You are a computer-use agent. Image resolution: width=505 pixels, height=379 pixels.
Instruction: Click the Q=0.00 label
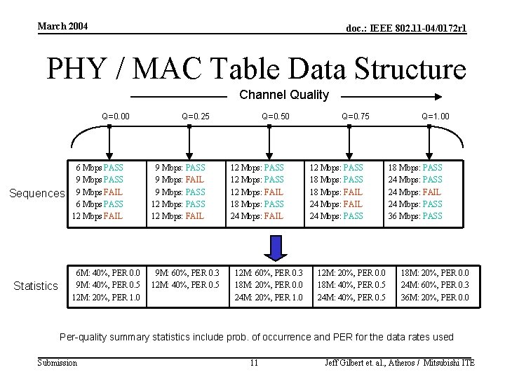click(x=115, y=117)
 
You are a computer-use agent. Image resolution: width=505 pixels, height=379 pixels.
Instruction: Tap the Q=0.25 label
click(x=195, y=117)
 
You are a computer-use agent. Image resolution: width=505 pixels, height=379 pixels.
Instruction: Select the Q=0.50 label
click(x=275, y=117)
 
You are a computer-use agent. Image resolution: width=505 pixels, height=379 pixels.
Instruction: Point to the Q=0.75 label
click(x=355, y=117)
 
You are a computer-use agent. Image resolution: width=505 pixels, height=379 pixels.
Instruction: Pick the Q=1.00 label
click(x=436, y=117)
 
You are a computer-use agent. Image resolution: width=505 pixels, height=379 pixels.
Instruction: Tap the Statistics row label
click(x=36, y=286)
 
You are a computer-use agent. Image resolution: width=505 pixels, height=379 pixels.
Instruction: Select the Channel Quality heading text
click(x=284, y=95)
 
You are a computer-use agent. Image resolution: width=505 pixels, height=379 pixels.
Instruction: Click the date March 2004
click(x=63, y=27)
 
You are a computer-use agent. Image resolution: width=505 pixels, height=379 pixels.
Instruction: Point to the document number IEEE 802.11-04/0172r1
click(x=406, y=28)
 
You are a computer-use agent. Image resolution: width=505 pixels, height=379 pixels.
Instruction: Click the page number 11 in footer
click(x=255, y=363)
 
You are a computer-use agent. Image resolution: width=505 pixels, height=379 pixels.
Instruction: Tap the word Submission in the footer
click(x=58, y=362)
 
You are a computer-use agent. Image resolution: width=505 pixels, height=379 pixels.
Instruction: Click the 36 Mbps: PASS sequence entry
click(x=415, y=216)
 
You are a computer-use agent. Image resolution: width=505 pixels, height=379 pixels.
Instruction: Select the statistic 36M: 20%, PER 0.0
click(x=435, y=297)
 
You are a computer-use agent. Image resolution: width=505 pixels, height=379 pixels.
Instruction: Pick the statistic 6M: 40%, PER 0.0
click(x=107, y=273)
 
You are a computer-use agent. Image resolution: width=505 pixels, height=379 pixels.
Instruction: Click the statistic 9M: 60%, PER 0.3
click(x=187, y=273)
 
